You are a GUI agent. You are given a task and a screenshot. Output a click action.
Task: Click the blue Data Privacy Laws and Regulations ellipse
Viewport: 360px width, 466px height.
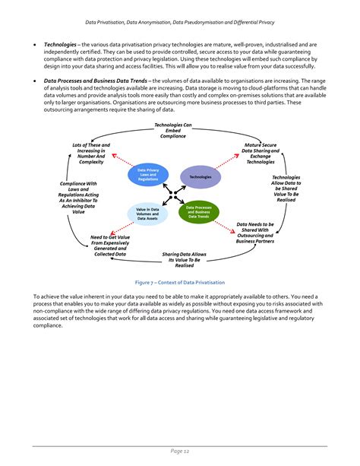coord(148,175)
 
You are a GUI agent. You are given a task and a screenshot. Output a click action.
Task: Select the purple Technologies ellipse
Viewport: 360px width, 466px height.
coord(200,176)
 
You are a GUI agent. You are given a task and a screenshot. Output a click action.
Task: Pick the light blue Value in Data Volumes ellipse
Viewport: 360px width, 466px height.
coord(147,214)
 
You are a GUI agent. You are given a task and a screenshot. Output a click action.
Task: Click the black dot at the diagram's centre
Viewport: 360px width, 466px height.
coord(174,194)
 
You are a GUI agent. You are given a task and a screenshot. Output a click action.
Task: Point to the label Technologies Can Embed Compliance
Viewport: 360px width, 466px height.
coord(173,130)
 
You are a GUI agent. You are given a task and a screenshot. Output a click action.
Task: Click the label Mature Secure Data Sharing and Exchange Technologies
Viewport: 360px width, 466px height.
coord(261,153)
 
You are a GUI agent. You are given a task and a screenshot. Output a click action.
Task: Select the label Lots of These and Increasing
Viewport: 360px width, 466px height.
coord(91,153)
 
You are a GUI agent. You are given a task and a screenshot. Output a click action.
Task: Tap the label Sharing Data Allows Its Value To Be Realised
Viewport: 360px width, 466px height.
coord(184,259)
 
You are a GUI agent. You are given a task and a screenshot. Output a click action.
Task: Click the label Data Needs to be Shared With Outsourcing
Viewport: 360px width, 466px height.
coord(257,233)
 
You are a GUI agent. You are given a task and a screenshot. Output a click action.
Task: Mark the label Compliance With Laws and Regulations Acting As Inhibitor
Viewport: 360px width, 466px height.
coord(78,198)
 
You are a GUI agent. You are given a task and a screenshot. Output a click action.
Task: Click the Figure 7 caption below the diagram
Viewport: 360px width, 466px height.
coord(179,282)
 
